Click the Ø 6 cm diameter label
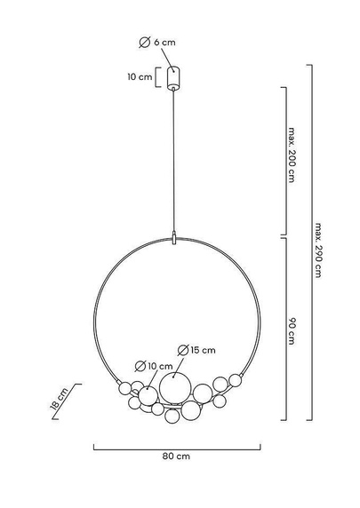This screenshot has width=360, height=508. pyautogui.click(x=157, y=42)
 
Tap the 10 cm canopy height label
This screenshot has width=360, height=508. pyautogui.click(x=140, y=77)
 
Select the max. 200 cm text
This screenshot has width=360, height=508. pyautogui.click(x=292, y=155)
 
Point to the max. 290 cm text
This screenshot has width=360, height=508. pyautogui.click(x=318, y=250)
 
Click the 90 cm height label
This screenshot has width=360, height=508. pyautogui.click(x=292, y=331)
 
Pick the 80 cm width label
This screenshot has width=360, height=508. pyautogui.click(x=176, y=456)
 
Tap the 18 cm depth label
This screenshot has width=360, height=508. pyautogui.click(x=60, y=399)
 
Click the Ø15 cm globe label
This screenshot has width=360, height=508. pyautogui.click(x=196, y=350)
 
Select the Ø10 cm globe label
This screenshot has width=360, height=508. pyautogui.click(x=154, y=366)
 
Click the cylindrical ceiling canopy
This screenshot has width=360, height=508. pyautogui.click(x=173, y=78)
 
